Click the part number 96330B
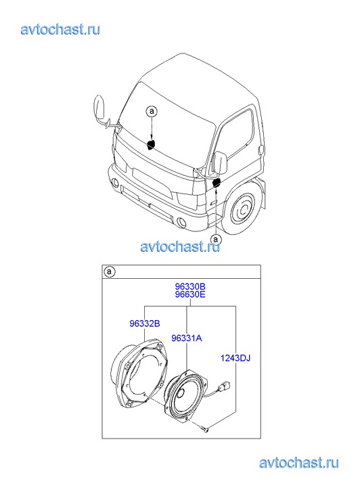[x=190, y=286]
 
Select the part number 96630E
[x=190, y=294]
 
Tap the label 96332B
[x=145, y=323]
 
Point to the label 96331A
[x=187, y=338]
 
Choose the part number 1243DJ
[x=235, y=358]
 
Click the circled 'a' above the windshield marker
[x=152, y=112]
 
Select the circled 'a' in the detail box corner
[x=109, y=272]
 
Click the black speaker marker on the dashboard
[x=152, y=144]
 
